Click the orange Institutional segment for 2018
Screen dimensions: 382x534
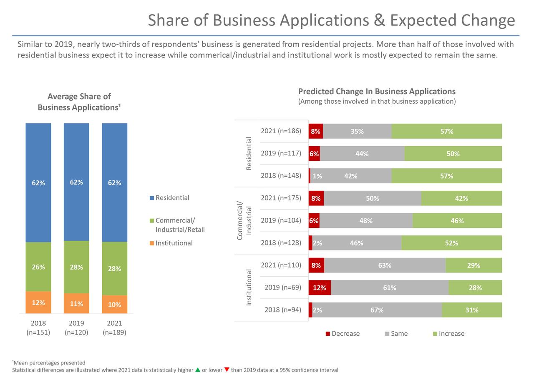coord(38,302)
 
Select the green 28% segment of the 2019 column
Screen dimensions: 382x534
coord(76,267)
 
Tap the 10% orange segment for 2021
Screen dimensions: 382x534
coord(114,304)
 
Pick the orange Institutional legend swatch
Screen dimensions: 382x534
coord(152,243)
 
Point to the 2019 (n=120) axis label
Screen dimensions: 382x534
coord(76,328)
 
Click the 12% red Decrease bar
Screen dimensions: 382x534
coord(320,287)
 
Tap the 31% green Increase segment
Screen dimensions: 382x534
coord(472,310)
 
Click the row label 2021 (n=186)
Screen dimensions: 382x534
coord(281,131)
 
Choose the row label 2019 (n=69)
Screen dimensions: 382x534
coord(282,287)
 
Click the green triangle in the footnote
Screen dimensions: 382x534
coord(198,370)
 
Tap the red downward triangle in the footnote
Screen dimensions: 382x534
coord(227,370)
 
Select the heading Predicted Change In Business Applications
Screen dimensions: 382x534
coord(377,91)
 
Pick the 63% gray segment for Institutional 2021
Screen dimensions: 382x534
coord(385,265)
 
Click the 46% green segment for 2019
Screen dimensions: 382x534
coord(457,221)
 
